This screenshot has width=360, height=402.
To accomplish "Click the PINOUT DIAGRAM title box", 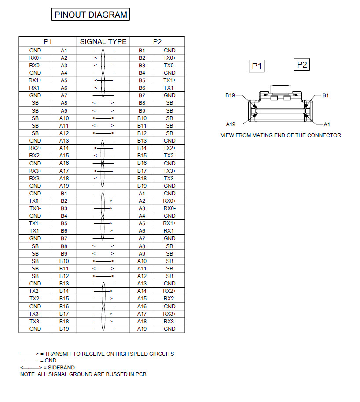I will pos(90,15).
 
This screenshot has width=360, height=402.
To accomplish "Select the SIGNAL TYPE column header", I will pos(103,41).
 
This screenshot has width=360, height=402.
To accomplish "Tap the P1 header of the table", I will pos(48,41).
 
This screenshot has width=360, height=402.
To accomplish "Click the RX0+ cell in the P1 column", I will pos(35,58).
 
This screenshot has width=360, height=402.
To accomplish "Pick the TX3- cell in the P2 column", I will pos(169,178).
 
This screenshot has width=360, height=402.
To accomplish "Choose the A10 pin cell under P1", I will pos(64,118).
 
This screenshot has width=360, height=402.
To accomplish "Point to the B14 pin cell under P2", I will pos(142,148).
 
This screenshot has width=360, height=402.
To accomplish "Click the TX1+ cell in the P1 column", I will pos(35,223).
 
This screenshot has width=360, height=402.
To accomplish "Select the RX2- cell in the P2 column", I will pos(169,299).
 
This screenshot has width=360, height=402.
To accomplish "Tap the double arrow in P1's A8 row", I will pos(103,103).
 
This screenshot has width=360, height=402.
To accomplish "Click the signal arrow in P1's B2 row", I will pos(103,201).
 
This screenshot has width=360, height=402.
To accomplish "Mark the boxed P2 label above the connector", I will pos(302,65).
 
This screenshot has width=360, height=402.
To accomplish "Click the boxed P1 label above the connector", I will pos(257,66).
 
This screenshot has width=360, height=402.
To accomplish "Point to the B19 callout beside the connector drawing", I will pos(230,95).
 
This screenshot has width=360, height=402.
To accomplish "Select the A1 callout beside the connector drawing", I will pos(327,124).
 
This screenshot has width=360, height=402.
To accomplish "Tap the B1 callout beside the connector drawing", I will pos(326,95).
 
